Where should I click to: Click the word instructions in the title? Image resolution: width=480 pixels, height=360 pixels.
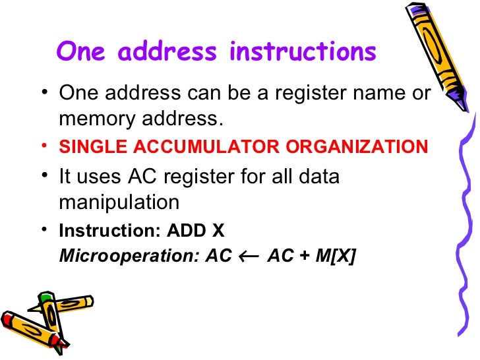tap(303, 51)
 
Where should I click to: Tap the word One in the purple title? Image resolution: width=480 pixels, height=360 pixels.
tap(82, 51)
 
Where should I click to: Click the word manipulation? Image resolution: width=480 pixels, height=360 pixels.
tap(119, 201)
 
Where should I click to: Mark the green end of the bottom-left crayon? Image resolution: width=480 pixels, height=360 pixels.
tap(45, 299)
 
